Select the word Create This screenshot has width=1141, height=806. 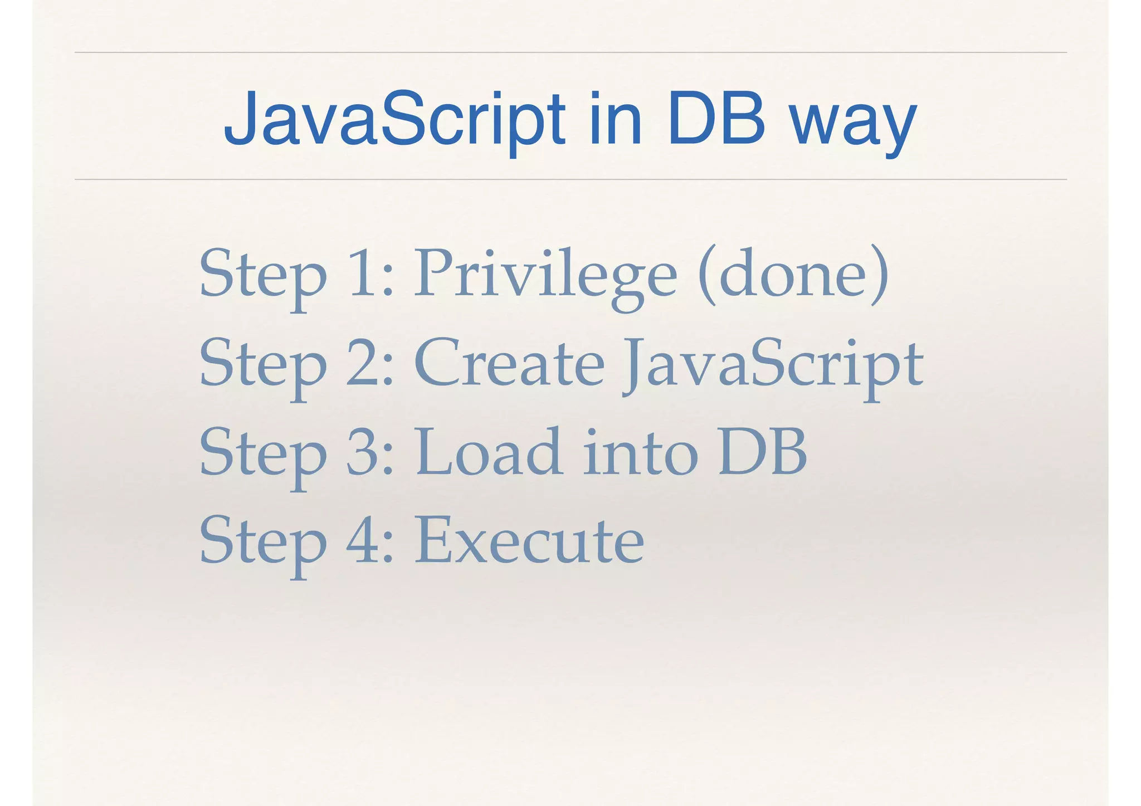(x=509, y=363)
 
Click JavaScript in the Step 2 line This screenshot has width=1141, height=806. (x=773, y=365)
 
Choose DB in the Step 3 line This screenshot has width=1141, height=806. (x=763, y=452)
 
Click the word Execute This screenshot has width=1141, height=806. (x=529, y=541)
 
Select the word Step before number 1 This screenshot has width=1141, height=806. (x=263, y=276)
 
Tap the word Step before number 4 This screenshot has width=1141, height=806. (x=263, y=543)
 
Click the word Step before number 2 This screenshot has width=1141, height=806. (x=263, y=365)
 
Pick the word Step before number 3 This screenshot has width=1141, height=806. (x=263, y=454)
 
